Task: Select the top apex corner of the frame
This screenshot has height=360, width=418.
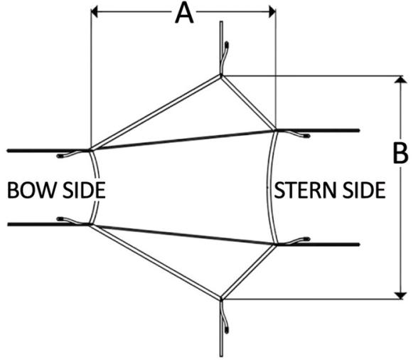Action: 222,75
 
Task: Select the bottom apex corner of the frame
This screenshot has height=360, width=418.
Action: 222,298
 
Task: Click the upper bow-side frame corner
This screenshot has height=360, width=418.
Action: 90,149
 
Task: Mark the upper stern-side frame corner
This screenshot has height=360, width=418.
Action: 276,130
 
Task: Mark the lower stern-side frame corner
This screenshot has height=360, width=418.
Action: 276,244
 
